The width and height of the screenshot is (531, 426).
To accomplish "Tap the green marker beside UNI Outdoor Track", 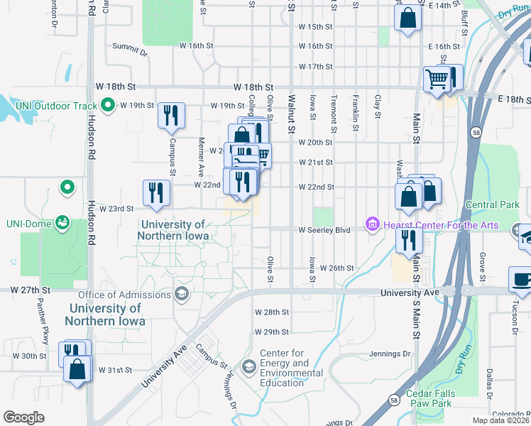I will tap(108, 106).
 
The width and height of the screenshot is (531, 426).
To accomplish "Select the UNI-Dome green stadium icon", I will tap(63, 222).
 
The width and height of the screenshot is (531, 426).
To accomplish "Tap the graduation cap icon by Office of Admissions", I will tap(182, 294).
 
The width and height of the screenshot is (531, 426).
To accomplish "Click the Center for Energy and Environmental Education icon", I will tap(248, 366).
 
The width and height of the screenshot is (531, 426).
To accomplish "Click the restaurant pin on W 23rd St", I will tap(156, 193).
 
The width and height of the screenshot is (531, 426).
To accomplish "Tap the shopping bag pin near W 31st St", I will tap(77, 369).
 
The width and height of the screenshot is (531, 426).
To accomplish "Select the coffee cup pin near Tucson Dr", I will tap(522, 280).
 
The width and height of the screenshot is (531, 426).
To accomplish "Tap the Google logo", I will tap(23, 417).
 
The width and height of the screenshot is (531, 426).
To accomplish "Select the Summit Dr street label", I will tap(130, 52).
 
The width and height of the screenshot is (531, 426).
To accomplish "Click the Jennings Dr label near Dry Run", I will tap(390, 354).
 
